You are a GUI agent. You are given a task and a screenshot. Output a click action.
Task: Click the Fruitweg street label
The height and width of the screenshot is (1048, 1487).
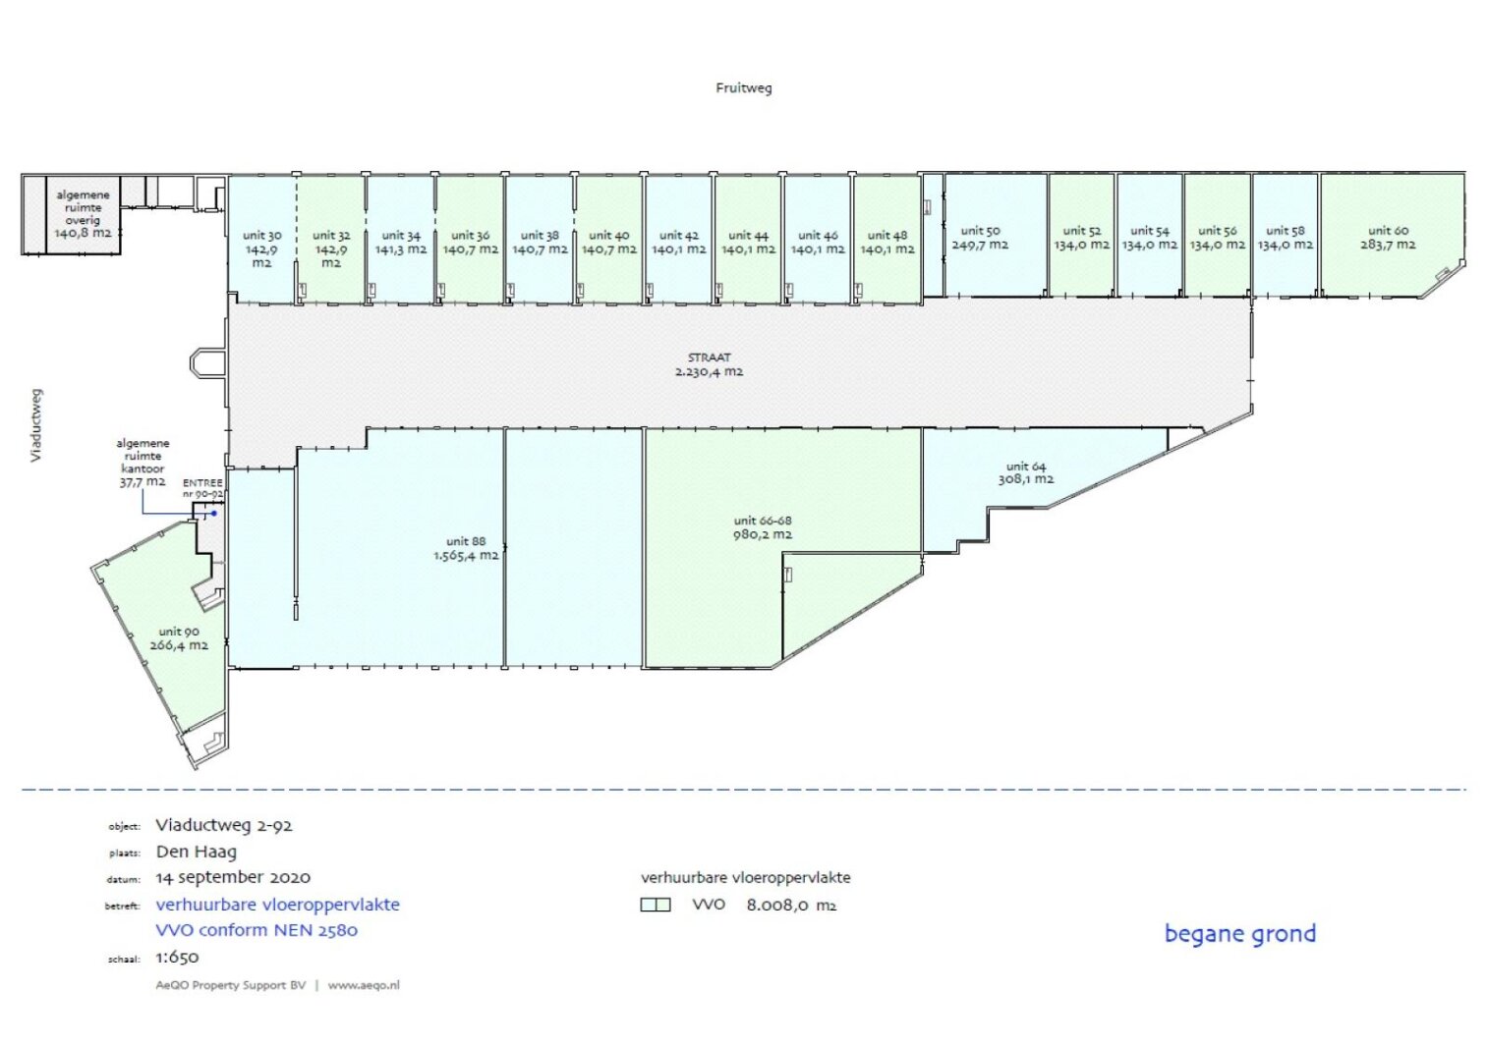click(x=743, y=88)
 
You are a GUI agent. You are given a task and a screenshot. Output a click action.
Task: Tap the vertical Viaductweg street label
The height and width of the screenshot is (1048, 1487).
click(x=35, y=425)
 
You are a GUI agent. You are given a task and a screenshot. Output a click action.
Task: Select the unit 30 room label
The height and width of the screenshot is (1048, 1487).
click(x=262, y=236)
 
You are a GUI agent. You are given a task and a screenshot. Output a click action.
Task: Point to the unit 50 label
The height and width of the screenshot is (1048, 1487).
click(x=980, y=231)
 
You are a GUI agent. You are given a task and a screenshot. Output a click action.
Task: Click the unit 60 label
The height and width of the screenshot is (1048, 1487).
click(x=1388, y=231)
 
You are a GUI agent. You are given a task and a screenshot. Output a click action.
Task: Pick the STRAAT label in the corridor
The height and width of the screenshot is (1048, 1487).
click(x=709, y=358)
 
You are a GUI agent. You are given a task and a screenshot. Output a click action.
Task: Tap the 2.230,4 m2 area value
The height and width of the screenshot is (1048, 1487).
click(x=709, y=372)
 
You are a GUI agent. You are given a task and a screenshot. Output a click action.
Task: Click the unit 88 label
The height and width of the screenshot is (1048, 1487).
click(x=466, y=541)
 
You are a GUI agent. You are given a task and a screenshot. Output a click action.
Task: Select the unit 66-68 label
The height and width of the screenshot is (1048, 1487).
click(x=763, y=521)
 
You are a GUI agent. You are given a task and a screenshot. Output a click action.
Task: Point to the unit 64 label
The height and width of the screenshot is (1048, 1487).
click(x=1026, y=467)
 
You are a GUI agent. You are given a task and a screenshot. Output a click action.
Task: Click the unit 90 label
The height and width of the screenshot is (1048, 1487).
click(x=179, y=632)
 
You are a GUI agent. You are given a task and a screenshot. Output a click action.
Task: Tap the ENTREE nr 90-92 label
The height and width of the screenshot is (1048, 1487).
click(x=202, y=488)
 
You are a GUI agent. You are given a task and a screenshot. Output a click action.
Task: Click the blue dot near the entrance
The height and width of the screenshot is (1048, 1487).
click(x=214, y=514)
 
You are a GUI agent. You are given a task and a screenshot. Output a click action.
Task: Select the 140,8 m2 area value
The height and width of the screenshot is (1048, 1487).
click(x=83, y=234)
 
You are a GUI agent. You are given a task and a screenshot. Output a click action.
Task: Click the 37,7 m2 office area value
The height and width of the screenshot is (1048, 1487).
click(x=143, y=482)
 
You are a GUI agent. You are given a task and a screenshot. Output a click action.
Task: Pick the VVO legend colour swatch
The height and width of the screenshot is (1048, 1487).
click(x=656, y=905)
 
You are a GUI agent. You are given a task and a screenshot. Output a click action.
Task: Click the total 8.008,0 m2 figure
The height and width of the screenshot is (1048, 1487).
click(x=791, y=906)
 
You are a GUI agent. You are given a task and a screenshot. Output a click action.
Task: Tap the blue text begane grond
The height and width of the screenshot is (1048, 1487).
click(x=1240, y=934)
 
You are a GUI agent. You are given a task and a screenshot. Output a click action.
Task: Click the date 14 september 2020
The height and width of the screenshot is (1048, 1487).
click(x=233, y=878)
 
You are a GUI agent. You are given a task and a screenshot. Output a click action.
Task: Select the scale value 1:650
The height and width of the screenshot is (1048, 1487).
click(x=177, y=957)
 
